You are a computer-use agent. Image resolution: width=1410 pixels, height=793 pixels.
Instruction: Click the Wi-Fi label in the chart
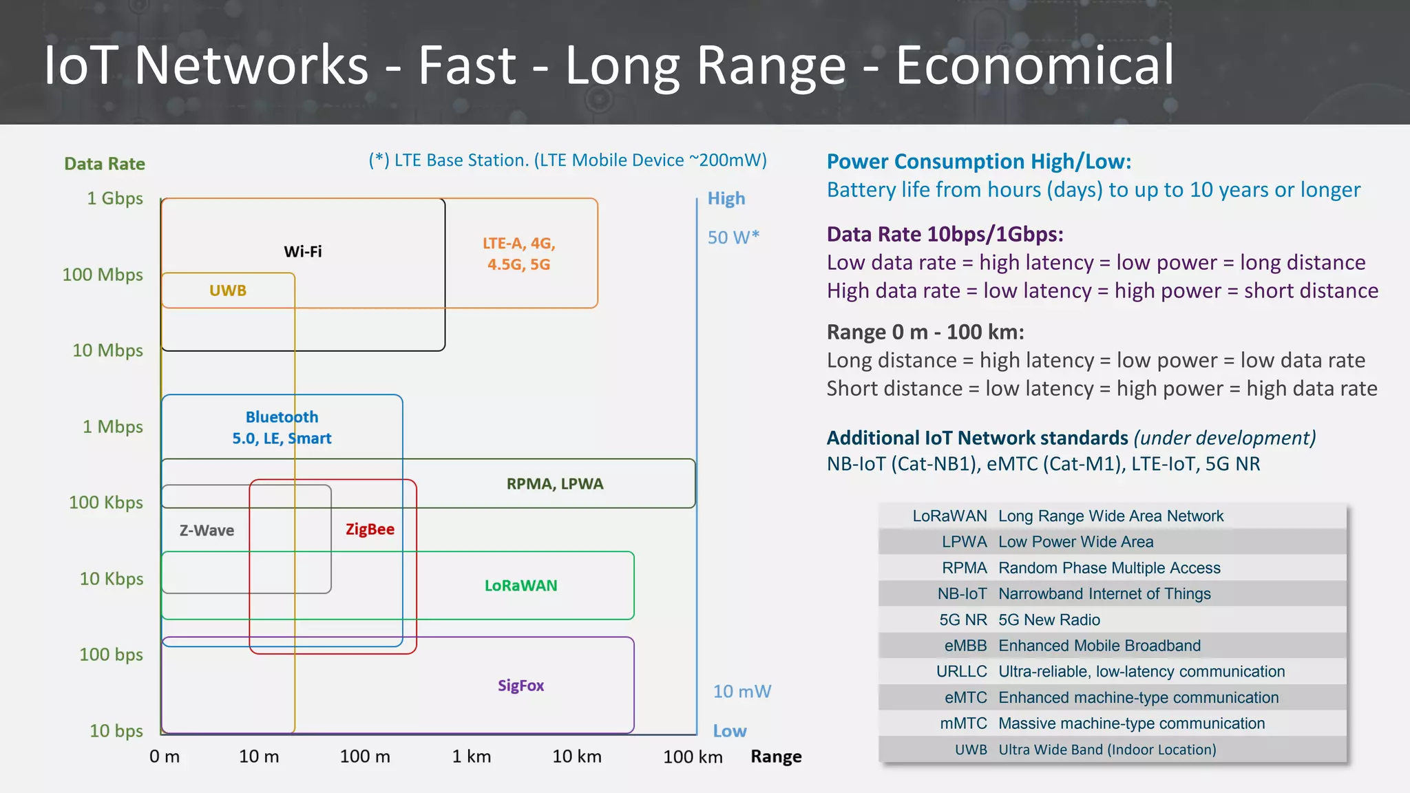pos(302,251)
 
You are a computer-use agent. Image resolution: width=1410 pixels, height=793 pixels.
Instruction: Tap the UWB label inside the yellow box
pos(228,290)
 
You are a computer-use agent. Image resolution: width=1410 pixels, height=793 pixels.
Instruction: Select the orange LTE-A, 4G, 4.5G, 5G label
pos(518,254)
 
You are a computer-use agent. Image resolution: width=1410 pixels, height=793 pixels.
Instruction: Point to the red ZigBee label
pos(370,529)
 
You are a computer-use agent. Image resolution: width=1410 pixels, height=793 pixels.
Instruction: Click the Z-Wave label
pos(207,531)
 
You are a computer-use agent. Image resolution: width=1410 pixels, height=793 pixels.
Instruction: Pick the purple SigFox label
pos(520,686)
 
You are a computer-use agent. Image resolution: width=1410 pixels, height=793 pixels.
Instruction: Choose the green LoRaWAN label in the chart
pos(520,586)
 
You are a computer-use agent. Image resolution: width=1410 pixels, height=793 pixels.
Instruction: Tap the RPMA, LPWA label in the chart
pos(554,484)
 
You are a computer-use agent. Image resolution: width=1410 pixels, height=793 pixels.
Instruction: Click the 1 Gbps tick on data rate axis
pos(115,198)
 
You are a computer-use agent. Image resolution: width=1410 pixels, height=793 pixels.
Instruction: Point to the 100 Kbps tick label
pos(106,503)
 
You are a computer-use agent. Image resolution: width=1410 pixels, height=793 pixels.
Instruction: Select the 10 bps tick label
pos(116,730)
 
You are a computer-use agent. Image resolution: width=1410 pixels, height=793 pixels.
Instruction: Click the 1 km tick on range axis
pos(472,757)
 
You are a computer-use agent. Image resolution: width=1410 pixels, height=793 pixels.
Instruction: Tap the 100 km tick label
pos(693,757)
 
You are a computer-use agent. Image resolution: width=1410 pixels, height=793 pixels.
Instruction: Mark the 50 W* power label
pos(733,237)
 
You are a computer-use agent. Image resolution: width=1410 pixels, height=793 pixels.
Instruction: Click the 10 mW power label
pos(741,691)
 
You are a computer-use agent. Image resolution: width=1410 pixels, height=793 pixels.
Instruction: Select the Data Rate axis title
pos(105,164)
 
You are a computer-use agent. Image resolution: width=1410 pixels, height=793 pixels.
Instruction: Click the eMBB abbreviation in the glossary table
pos(965,646)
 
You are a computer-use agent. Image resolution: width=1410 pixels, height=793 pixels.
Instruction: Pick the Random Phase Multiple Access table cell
pos(1109,568)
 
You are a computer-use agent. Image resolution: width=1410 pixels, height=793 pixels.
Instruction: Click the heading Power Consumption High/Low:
pos(978,162)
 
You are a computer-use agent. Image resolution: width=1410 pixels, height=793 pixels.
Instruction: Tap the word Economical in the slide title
pos(1034,65)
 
